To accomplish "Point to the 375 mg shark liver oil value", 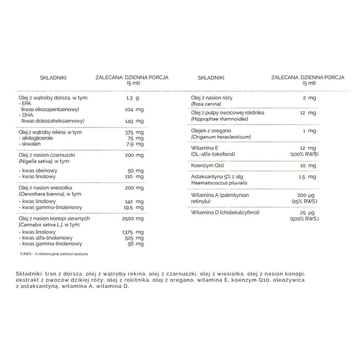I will click(135, 132).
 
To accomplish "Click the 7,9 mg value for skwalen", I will click(135, 145).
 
